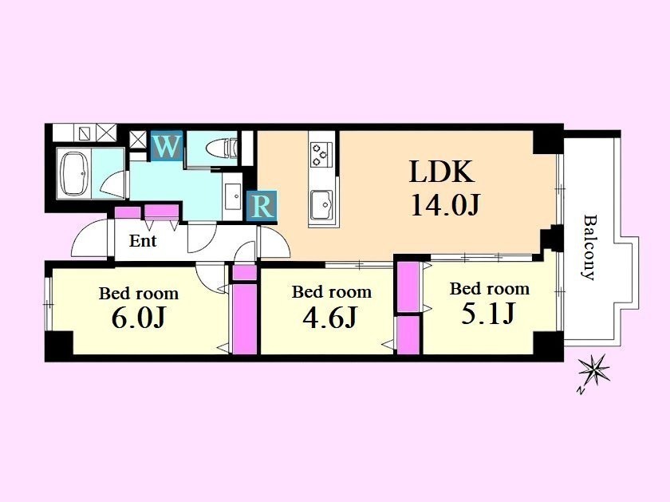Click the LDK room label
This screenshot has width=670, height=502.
pyautogui.click(x=442, y=172)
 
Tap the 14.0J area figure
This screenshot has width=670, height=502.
pyautogui.click(x=446, y=205)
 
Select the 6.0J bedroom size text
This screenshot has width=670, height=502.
pyautogui.click(x=138, y=318)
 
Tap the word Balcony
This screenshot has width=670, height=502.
pyautogui.click(x=589, y=247)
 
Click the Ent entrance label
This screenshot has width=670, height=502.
pyautogui.click(x=143, y=241)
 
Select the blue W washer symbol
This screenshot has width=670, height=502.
pyautogui.click(x=167, y=146)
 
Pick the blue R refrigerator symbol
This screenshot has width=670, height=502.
pyautogui.click(x=262, y=206)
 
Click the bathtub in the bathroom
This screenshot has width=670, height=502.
pyautogui.click(x=76, y=173)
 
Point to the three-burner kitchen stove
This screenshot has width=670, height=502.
pyautogui.click(x=322, y=154)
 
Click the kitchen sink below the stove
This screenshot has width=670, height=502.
pyautogui.click(x=321, y=204)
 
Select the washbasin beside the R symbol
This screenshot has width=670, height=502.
pyautogui.click(x=233, y=196)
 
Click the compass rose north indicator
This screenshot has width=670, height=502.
pyautogui.click(x=593, y=371)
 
